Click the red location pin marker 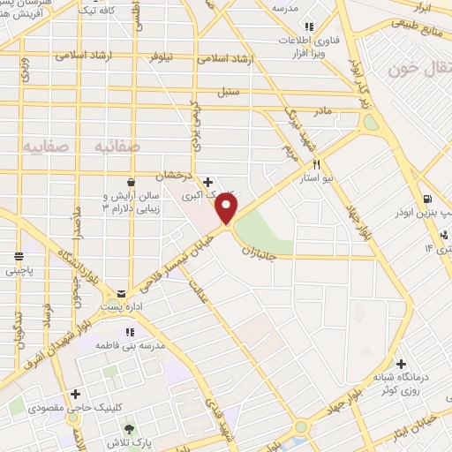click(227, 208)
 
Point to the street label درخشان click(174, 175)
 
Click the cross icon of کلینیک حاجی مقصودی click(75, 394)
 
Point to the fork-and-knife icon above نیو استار click(315, 164)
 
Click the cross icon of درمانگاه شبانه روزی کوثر click(401, 363)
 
